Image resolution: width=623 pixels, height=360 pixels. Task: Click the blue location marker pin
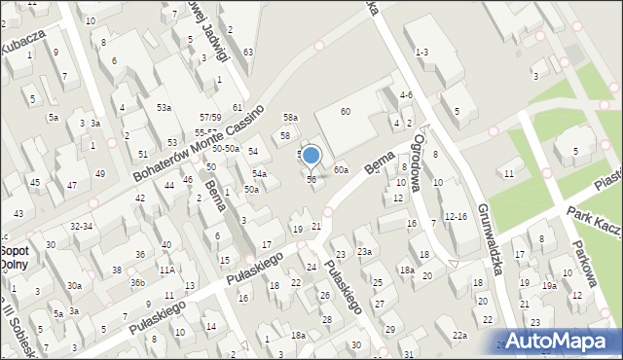[x=311, y=156]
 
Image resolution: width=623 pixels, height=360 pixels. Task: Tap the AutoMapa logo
[x=560, y=342]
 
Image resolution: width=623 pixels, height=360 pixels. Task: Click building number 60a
[x=341, y=170]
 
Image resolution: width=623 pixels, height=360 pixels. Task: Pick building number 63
[x=249, y=52]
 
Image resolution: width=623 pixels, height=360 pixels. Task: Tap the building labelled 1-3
[x=421, y=52]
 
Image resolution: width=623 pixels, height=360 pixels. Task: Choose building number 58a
[x=290, y=118]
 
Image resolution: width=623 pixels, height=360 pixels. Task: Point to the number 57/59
[x=210, y=117]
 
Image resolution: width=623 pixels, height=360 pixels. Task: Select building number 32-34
[x=82, y=226]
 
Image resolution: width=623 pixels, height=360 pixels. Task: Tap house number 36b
[x=137, y=283]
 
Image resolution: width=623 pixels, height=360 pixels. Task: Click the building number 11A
[x=166, y=270]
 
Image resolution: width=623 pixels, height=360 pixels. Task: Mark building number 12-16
[x=455, y=216]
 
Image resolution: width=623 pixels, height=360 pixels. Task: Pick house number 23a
[x=364, y=252]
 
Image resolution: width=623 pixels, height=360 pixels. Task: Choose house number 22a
[x=459, y=336]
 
